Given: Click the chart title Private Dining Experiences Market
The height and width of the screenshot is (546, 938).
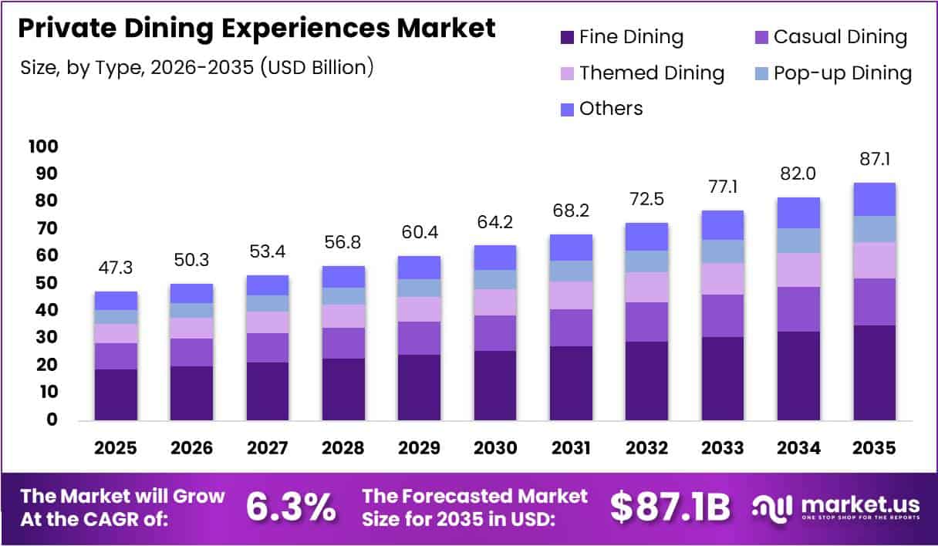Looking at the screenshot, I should tap(257, 29).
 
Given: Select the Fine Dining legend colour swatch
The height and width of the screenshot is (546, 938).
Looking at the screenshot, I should tap(567, 36).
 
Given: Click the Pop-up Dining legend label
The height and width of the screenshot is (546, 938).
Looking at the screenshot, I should tap(842, 73).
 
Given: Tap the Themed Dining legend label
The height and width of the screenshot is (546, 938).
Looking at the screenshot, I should tap(652, 73).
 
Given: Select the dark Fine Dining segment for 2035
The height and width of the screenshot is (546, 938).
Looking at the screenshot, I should tap(875, 372).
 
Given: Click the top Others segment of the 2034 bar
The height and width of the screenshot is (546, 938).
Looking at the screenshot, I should tap(798, 213).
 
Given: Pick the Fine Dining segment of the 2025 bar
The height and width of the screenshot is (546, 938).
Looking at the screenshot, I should tap(116, 394).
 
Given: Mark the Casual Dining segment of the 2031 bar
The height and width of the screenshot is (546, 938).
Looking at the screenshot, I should tap(571, 328).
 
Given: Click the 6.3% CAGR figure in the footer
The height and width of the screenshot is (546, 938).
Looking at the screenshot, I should tap(291, 507).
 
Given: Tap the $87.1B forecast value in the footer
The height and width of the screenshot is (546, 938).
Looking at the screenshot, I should tap(670, 507).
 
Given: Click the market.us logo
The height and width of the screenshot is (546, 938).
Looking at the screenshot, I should tap(837, 507).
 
